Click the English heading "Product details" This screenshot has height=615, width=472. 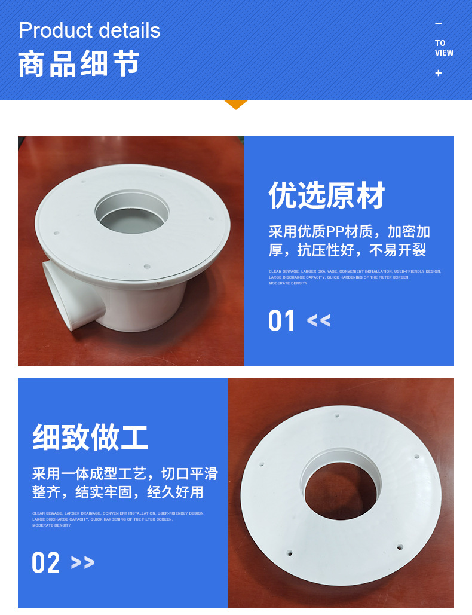[x=90, y=30]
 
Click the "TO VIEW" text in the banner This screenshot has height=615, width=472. [x=444, y=48]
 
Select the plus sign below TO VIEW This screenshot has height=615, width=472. [x=439, y=73]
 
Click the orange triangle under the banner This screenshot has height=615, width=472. [x=235, y=105]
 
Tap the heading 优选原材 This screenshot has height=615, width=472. [x=327, y=196]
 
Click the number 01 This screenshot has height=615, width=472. [x=282, y=321]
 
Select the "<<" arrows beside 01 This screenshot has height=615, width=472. [x=318, y=321]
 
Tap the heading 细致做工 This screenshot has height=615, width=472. [x=90, y=437]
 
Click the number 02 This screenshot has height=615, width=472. [x=46, y=563]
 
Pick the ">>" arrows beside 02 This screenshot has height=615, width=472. [x=82, y=563]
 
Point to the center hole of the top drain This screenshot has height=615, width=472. [x=132, y=212]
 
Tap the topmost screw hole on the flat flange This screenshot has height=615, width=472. [x=337, y=415]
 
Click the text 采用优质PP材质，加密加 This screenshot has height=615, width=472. [x=349, y=232]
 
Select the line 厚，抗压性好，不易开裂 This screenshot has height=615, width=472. [x=347, y=250]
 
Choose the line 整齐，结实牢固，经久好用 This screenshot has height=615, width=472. [x=118, y=492]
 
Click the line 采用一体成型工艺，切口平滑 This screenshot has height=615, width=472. [x=125, y=475]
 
